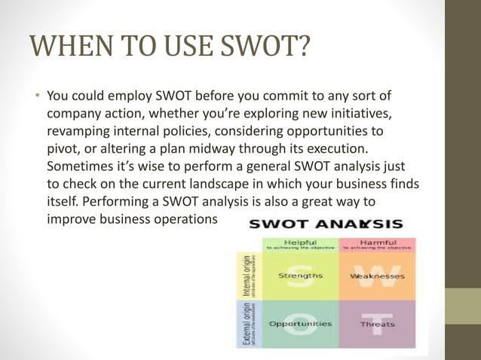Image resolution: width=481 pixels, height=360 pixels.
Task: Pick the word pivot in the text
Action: point(63,148)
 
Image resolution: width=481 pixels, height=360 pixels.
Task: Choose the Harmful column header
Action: point(377,242)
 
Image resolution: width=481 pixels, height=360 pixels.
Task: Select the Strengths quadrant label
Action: point(300,276)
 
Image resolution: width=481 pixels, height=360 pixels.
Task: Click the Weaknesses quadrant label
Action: point(377,276)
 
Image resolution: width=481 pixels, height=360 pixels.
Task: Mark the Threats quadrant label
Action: point(377,325)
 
